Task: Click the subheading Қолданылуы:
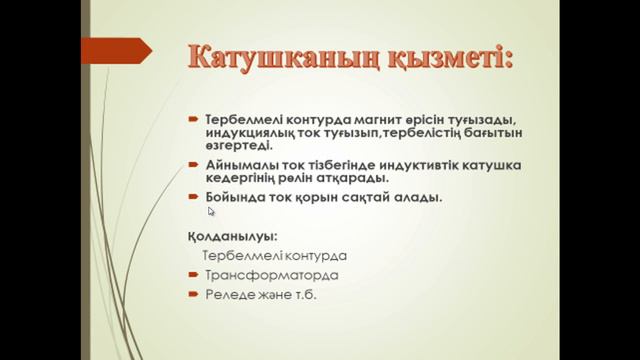(232, 236)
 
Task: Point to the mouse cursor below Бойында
(211, 211)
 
